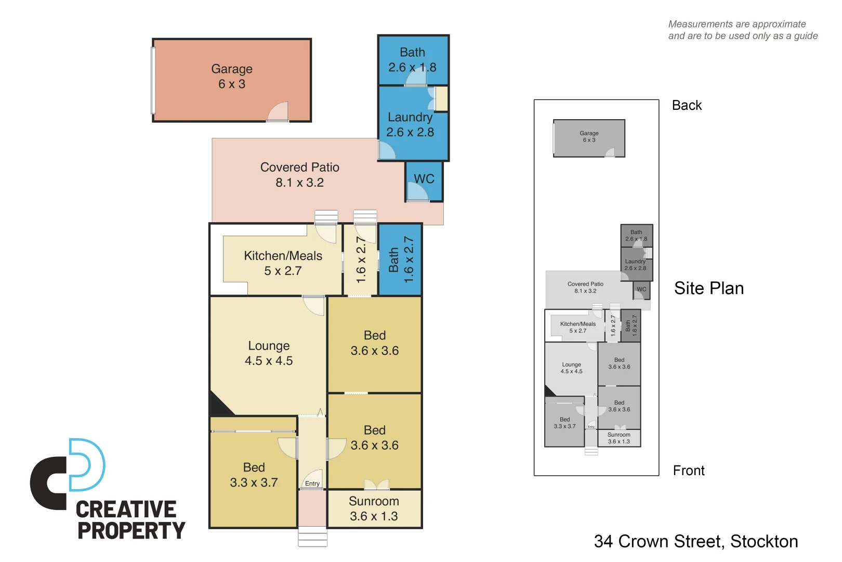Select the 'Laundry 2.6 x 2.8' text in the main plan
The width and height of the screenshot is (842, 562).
(410, 125)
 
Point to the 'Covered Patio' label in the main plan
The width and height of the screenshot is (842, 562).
(299, 168)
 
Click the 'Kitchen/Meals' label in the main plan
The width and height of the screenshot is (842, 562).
(283, 256)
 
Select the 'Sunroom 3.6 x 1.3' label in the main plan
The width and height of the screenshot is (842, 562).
(374, 508)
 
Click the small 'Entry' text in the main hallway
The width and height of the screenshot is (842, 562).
(312, 483)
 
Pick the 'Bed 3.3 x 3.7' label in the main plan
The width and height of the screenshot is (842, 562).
(254, 475)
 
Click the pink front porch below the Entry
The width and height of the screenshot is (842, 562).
(312, 508)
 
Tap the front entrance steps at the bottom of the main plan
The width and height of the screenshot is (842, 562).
(312, 537)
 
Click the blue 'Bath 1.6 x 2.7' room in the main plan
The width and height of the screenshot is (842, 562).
(400, 260)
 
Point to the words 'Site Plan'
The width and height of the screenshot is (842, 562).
(708, 288)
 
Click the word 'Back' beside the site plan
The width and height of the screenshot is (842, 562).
(687, 106)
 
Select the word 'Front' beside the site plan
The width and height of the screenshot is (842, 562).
(689, 470)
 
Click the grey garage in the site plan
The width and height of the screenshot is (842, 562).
(589, 138)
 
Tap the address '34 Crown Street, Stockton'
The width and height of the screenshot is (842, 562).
(695, 541)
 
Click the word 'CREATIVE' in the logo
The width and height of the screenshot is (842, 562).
(126, 509)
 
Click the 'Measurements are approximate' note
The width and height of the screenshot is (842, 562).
(736, 24)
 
